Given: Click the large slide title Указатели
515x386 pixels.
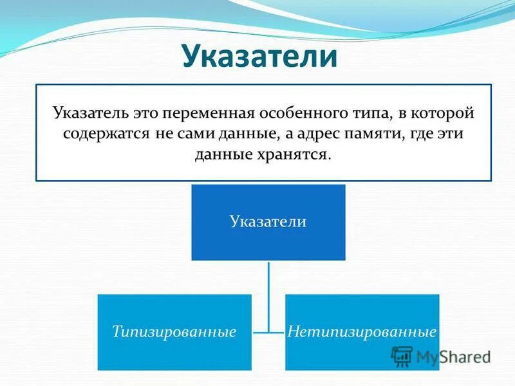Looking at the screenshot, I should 259,56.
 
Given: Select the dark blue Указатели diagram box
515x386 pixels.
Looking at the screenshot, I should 268,222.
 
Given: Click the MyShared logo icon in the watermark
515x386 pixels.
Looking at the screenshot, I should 402,356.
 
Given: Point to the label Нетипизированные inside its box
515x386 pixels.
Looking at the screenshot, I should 362,332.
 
